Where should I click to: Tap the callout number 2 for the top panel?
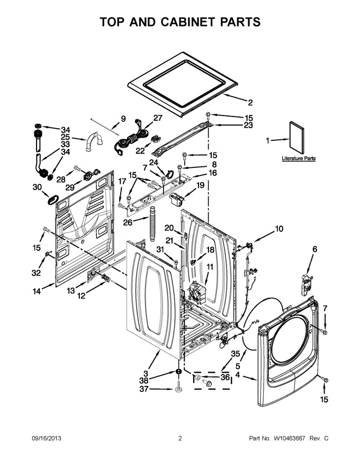tap(250, 103)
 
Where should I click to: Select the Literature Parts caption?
tap(299, 158)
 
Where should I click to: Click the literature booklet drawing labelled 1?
tap(296, 138)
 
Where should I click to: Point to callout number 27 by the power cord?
tap(158, 118)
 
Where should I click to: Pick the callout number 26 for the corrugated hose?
tap(128, 222)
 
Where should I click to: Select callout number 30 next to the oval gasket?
tap(37, 187)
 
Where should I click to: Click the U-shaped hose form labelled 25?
tap(94, 141)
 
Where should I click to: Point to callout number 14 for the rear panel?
tap(37, 291)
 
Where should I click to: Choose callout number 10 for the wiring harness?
tap(279, 229)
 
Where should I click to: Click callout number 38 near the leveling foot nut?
tap(144, 380)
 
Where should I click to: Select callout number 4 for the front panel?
tap(238, 375)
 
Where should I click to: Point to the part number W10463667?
tap(290, 438)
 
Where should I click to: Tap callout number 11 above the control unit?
tap(210, 267)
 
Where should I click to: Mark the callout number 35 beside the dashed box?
tap(235, 354)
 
